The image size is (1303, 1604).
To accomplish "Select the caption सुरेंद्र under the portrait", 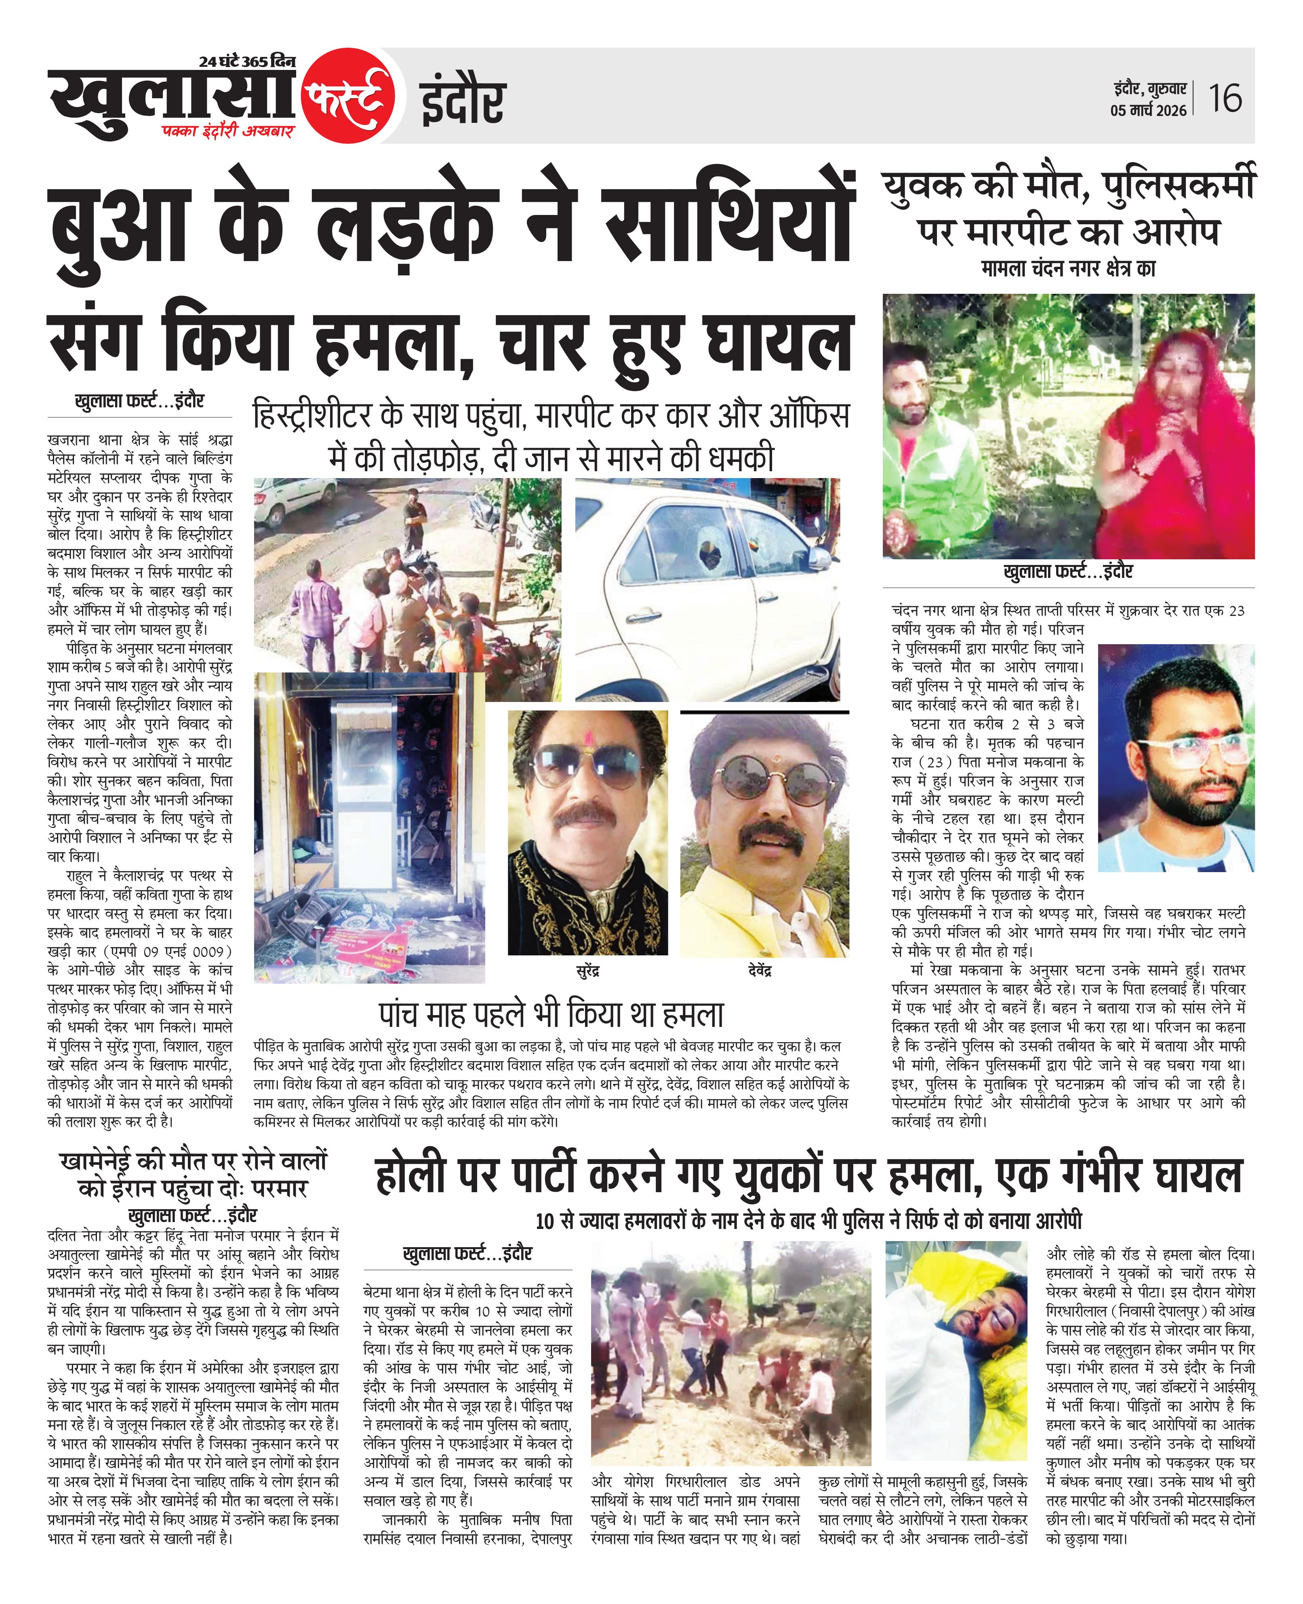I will pyautogui.click(x=588, y=970).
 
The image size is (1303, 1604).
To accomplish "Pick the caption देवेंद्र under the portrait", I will pyautogui.click(x=760, y=970).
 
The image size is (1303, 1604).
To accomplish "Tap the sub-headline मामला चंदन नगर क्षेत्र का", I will pyautogui.click(x=1068, y=268).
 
